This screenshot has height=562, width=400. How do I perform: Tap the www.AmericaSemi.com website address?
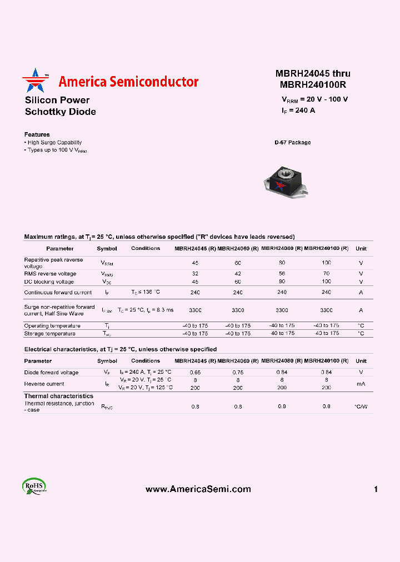(x=198, y=489)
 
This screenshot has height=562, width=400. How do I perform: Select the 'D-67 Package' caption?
(x=292, y=143)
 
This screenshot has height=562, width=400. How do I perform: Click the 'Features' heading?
(x=37, y=134)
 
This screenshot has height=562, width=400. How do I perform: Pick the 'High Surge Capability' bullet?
(x=54, y=143)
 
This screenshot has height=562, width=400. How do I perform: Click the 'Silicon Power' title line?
(x=57, y=100)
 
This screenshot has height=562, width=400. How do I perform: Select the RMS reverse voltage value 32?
(x=195, y=273)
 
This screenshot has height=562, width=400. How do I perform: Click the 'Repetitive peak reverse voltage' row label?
(x=53, y=263)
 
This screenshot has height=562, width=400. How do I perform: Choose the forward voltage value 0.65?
(x=195, y=372)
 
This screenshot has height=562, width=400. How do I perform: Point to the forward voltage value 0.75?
(x=238, y=372)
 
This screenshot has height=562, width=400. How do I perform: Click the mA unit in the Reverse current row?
(x=361, y=384)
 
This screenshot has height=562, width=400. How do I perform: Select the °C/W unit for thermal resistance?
(x=361, y=407)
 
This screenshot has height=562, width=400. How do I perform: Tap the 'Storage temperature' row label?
(x=49, y=333)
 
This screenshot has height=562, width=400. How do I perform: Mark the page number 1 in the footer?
(x=376, y=489)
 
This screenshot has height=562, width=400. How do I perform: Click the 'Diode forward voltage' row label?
(x=51, y=372)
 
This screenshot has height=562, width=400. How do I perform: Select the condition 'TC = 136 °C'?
(x=146, y=292)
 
